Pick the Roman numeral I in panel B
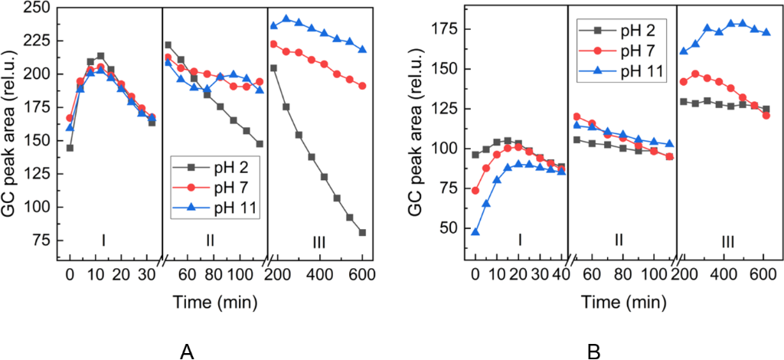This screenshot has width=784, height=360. pyautogui.click(x=520, y=241)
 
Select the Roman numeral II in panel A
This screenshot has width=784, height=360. pyautogui.click(x=210, y=241)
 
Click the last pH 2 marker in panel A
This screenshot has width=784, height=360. pyautogui.click(x=361, y=233)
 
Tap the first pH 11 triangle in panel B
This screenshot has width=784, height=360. pyautogui.click(x=475, y=231)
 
